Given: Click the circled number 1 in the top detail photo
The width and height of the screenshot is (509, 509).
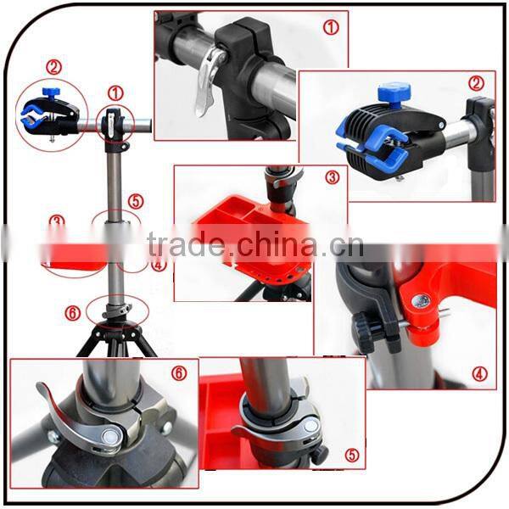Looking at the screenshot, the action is tap(331, 27).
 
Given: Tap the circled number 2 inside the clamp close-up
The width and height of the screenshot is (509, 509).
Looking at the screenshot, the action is tap(476, 83).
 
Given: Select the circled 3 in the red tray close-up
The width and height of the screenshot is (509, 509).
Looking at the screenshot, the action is tap(332, 177).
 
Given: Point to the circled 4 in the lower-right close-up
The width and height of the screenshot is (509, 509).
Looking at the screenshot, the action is tap(479, 374).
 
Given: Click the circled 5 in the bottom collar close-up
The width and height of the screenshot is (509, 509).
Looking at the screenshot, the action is tap(352, 455).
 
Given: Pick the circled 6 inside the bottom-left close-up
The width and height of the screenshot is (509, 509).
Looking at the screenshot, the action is tap(179, 373).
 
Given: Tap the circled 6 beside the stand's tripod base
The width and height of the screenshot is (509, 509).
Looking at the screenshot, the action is tap(72, 313).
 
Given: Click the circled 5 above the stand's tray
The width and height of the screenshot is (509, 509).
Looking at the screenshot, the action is tap(136, 201).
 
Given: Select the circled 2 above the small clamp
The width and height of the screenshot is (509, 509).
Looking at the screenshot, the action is tap(53, 67).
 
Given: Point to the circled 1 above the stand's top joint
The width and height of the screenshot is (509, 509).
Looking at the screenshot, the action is tap(115, 93).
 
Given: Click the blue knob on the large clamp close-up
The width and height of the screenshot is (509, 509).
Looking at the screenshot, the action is tap(394, 92).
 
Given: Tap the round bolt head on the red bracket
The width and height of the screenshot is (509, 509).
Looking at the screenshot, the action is tap(421, 301).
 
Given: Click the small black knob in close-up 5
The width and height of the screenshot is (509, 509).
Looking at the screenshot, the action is tap(321, 452).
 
